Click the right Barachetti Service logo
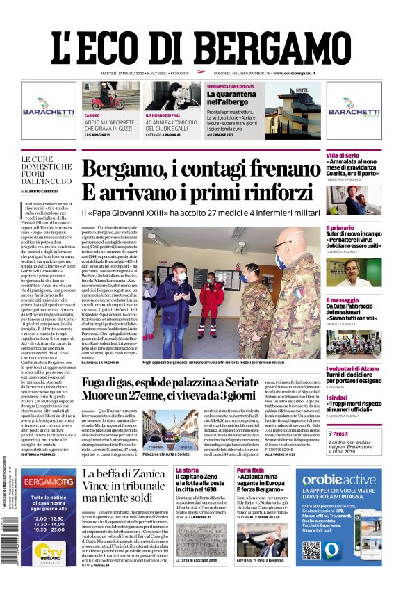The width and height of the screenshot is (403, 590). click(x=354, y=110)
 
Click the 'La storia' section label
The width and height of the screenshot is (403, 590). click(x=188, y=470)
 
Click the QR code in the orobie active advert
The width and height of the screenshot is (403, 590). click(x=311, y=550)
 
